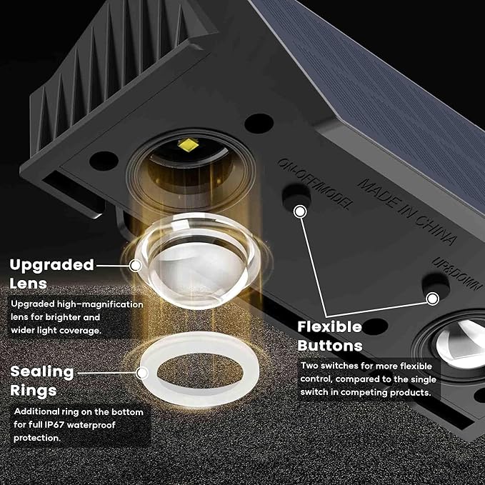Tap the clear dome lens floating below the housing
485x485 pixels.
(191, 261)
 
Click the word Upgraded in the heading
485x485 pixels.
(51, 265)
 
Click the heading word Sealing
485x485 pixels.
(41, 371)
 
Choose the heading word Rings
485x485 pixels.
(33, 390)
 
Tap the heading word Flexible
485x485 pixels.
(330, 326)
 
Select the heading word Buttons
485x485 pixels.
(330, 346)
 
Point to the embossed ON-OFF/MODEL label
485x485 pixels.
(315, 182)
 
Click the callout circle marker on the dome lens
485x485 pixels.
(136, 265)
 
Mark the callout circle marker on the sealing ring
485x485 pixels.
(144, 371)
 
